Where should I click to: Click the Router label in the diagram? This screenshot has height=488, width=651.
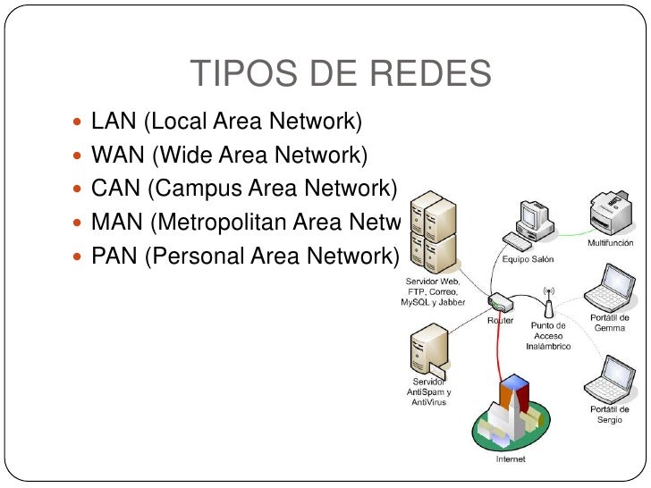(500, 319)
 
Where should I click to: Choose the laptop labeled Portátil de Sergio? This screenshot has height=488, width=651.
(607, 380)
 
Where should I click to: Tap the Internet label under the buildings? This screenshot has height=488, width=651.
(511, 459)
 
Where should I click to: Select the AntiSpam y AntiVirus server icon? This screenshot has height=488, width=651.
(428, 353)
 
